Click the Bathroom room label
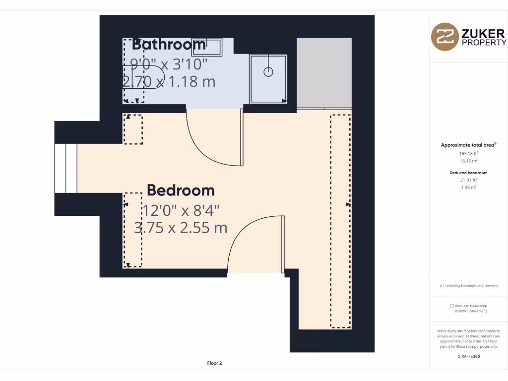169,44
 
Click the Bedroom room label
181,190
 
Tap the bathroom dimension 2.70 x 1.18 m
169,81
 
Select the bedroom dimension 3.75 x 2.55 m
181,228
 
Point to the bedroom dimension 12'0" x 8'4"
181,210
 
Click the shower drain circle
268,72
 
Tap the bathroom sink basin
207,46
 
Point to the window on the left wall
65,168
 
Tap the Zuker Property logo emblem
444,37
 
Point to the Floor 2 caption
214,363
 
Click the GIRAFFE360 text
468,356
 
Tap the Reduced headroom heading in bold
468,173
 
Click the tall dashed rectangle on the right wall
340,221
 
